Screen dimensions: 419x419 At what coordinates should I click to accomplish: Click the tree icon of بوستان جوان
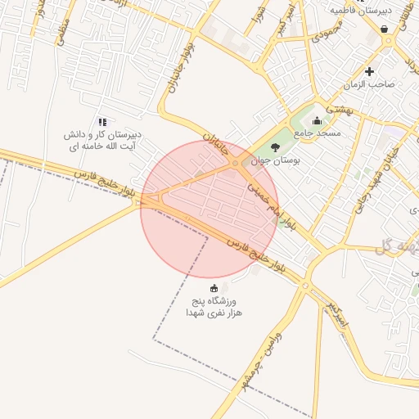273,146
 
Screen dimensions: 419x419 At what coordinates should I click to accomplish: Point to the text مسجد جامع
319,133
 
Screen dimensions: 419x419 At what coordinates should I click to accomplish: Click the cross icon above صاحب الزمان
370,71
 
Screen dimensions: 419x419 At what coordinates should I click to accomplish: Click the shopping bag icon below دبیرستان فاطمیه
385,29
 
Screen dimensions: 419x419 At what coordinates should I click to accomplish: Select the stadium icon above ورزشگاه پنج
214,287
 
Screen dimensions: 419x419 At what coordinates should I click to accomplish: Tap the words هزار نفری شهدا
214,313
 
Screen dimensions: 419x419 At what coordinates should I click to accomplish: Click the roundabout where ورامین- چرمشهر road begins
305,286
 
